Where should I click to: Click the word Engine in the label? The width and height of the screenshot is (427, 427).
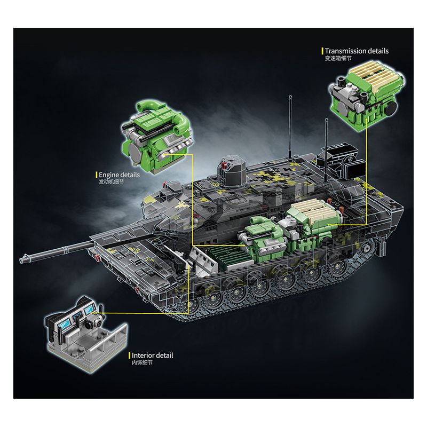(x=107, y=175)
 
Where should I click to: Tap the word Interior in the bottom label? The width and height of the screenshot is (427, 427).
(x=142, y=355)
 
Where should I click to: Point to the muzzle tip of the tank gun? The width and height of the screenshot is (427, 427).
(x=21, y=259)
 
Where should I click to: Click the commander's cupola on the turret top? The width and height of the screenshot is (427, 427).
(x=232, y=171)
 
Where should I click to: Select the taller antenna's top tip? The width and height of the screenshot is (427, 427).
(x=290, y=96)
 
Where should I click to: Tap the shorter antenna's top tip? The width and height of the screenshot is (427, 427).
(x=326, y=119)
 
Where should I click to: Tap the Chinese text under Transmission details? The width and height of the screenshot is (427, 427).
(x=338, y=58)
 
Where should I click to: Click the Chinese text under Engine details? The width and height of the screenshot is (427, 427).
(x=111, y=181)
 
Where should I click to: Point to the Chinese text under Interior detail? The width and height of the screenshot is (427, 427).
(x=142, y=362)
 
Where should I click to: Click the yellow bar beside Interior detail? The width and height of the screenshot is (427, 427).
(x=129, y=355)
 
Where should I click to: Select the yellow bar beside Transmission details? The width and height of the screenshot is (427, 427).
(x=322, y=51)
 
